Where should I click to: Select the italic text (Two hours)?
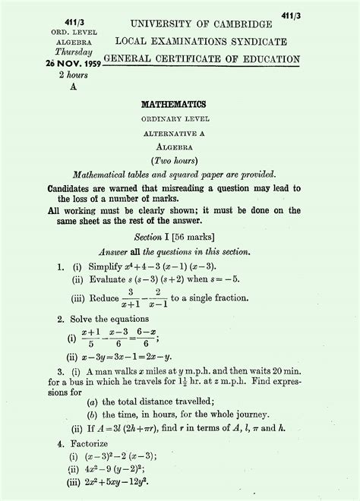pos(180,160)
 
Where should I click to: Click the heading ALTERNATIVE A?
pos(180,132)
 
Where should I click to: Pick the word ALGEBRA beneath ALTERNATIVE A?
pos(180,146)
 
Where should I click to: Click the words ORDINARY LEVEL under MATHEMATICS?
pos(180,119)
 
